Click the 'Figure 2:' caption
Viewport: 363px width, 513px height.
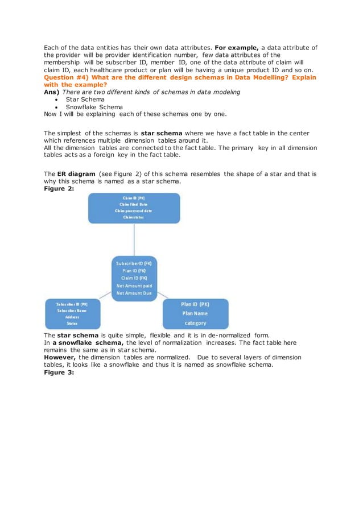click(59, 188)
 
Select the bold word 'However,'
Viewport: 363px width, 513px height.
click(61, 357)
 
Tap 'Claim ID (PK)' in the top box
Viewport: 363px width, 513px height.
click(134, 197)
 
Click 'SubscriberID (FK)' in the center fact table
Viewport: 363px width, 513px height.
click(134, 264)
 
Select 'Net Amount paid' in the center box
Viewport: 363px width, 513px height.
click(134, 286)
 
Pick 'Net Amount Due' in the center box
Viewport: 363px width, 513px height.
click(134, 293)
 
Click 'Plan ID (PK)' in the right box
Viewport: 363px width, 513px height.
click(195, 304)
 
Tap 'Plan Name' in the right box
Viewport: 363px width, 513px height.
click(195, 313)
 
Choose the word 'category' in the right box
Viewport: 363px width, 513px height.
click(195, 323)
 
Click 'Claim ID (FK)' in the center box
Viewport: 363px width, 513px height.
click(134, 278)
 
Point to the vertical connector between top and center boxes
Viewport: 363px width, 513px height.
click(134, 239)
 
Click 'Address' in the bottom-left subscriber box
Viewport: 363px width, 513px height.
click(72, 317)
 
